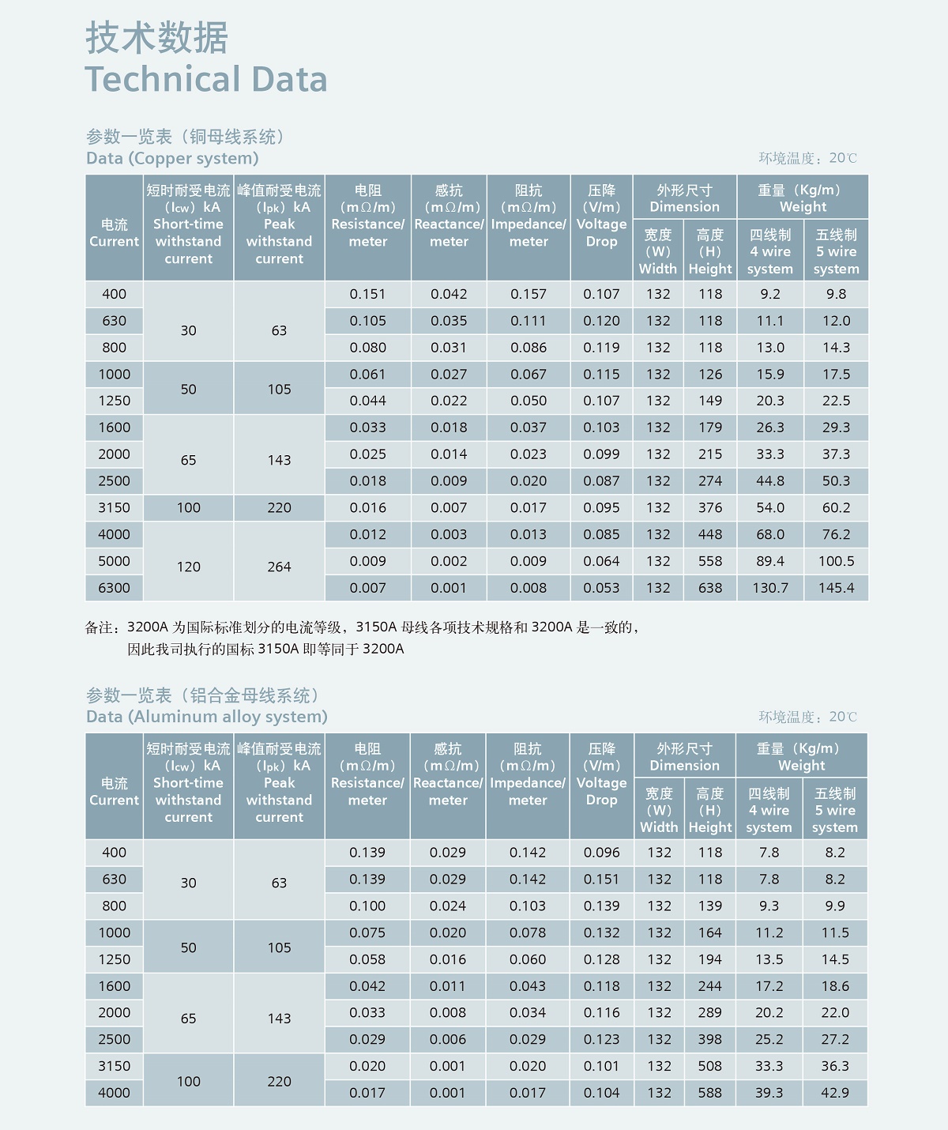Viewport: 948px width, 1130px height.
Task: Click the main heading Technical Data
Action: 205,79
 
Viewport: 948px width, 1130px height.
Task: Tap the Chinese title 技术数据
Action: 156,38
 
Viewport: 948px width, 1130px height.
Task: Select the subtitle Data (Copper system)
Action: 172,158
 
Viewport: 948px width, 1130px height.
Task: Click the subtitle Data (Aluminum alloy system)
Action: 206,717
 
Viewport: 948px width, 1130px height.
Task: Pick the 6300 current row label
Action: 114,588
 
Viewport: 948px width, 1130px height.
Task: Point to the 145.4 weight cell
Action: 836,588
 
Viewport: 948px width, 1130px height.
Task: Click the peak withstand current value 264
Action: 279,567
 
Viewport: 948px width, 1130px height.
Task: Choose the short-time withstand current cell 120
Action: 188,567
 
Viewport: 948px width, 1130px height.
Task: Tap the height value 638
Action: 710,588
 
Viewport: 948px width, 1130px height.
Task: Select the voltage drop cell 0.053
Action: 601,588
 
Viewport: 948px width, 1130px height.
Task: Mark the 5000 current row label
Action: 114,561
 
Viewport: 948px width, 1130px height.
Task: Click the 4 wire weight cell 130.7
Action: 770,588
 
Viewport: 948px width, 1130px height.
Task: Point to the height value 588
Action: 710,1093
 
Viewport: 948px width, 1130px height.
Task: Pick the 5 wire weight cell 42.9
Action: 835,1093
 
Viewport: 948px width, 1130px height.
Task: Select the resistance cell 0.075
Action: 367,932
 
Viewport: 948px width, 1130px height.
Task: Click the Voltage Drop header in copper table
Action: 601,216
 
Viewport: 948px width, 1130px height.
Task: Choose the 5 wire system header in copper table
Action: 836,252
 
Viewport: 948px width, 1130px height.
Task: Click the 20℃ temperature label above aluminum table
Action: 842,717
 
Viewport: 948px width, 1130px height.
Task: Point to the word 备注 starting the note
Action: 101,627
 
